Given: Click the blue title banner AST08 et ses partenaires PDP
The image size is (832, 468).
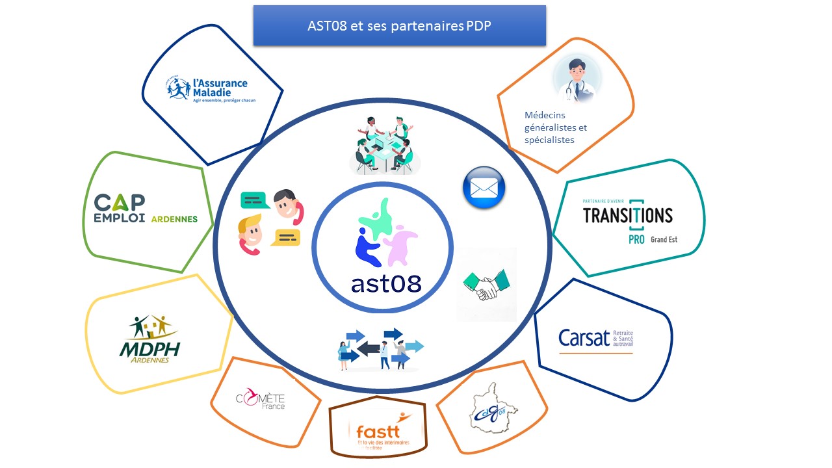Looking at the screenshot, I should coord(399,26).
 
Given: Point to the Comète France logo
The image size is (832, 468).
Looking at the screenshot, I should coord(260,398).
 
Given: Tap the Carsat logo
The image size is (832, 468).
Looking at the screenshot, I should coord(595,338).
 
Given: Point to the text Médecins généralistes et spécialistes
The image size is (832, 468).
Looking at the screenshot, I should coord(555,127).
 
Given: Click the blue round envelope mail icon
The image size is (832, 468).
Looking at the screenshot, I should coord(484,188).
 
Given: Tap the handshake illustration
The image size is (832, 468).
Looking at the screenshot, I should coord(487,284).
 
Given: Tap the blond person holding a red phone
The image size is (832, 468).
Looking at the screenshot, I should coord(250,235).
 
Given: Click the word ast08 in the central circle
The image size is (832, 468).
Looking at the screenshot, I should coord(386,283).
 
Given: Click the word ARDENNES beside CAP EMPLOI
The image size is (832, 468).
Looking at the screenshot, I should coord(174,219).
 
